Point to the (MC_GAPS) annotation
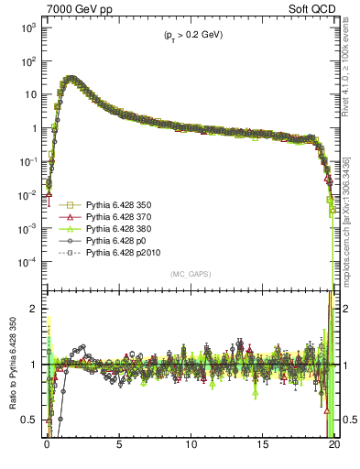coord(191,274)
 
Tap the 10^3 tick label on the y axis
coord(27,27)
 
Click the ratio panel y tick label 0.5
coord(28,420)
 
